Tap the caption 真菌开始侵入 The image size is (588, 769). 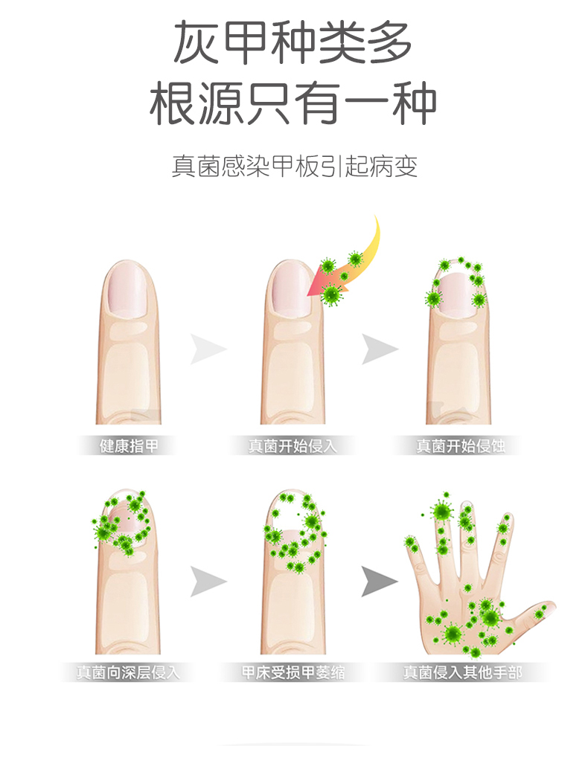pyautogui.click(x=293, y=446)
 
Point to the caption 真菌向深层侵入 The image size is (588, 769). pyautogui.click(x=129, y=673)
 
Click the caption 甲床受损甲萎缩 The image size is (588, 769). pyautogui.click(x=293, y=673)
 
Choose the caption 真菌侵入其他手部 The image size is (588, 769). pyautogui.click(x=462, y=673)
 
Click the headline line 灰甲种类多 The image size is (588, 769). pyautogui.click(x=293, y=44)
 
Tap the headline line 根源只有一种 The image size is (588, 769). pyautogui.click(x=293, y=104)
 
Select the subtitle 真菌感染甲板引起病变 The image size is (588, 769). pyautogui.click(x=294, y=166)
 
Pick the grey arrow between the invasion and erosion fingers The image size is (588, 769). pyautogui.click(x=379, y=349)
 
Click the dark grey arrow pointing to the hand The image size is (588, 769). pyautogui.click(x=379, y=581)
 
